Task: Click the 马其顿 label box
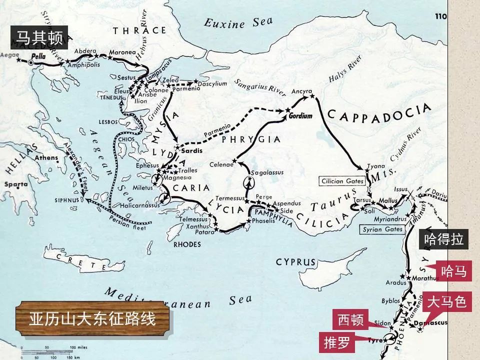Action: [39, 37]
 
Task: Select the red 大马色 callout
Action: [447, 302]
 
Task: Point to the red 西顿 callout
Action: [350, 319]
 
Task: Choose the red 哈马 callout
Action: [453, 271]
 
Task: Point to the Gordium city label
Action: [300, 116]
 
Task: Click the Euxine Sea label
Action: [238, 22]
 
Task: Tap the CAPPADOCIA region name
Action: [378, 112]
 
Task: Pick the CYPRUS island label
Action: [295, 262]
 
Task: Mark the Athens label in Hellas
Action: [46, 158]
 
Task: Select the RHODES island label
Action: [186, 244]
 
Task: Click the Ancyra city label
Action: [301, 91]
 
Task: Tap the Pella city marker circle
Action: [31, 63]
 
